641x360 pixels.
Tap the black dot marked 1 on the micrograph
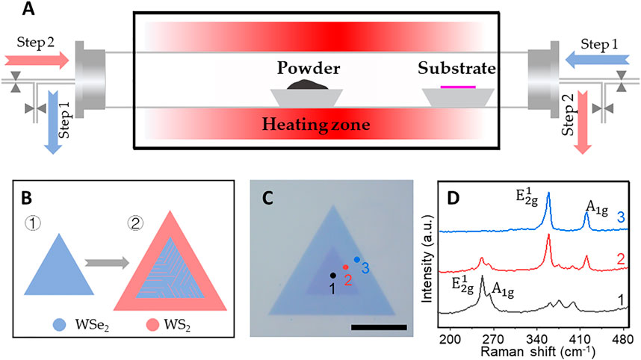[332, 275]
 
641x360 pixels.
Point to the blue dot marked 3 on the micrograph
[357, 258]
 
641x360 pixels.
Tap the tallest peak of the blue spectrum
[549, 196]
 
